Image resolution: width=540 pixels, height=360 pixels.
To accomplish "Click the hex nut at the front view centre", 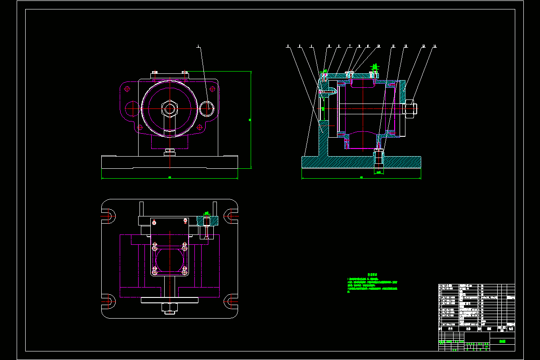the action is click(x=170, y=108).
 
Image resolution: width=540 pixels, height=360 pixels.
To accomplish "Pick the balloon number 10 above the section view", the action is click(x=378, y=46).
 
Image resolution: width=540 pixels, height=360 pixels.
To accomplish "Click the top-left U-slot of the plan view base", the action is click(x=109, y=216).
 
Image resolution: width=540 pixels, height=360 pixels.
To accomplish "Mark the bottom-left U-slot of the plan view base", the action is click(x=109, y=301).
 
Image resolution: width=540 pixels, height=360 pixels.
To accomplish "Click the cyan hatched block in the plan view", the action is click(x=207, y=220).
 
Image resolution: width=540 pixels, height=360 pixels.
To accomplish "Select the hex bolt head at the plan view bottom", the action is click(x=170, y=308).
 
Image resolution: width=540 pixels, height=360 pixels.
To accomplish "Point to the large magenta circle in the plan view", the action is click(x=169, y=260).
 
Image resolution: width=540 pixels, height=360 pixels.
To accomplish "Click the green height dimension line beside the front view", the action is click(x=250, y=120).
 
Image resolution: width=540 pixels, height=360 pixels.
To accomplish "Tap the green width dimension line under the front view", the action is click(x=170, y=178).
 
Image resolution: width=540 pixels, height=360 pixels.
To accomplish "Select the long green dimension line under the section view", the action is click(x=361, y=178).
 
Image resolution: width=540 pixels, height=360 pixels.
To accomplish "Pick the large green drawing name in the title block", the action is click(x=502, y=342).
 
